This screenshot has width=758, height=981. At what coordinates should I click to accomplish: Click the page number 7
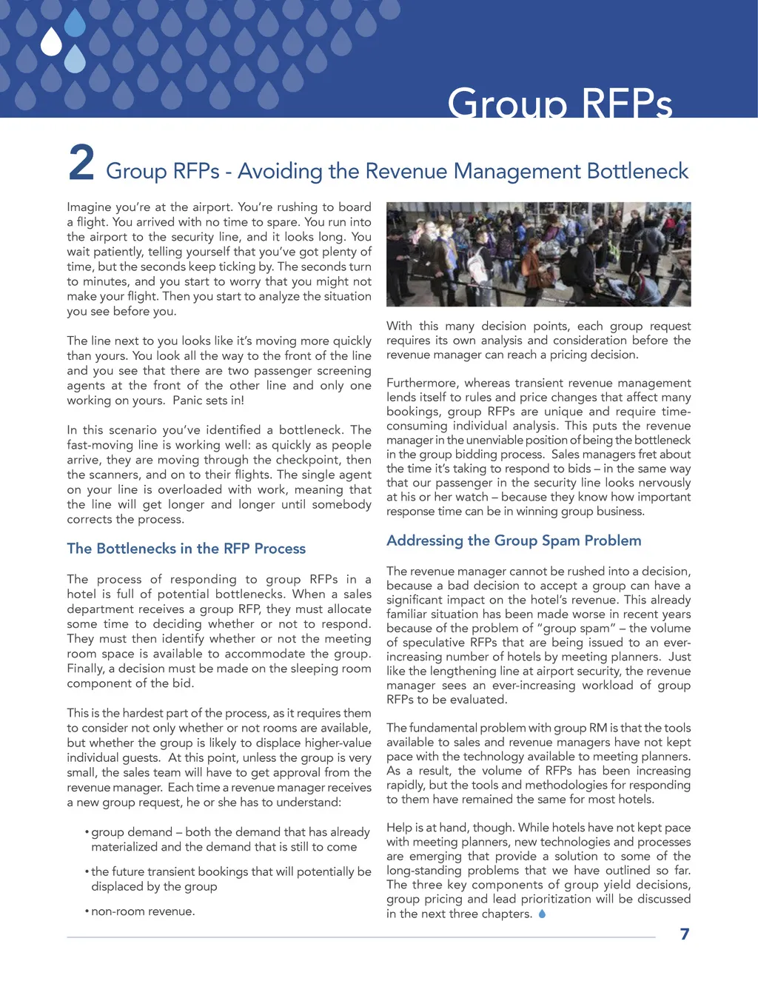[685, 934]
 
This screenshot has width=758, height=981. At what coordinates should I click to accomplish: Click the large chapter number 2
[81, 163]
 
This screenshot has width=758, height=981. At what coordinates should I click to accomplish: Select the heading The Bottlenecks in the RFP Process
[186, 549]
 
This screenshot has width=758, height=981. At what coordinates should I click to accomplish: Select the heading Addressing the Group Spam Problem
[514, 540]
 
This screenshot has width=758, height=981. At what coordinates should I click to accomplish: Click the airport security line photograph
[538, 254]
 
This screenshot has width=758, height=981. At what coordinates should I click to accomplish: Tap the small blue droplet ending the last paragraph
[543, 914]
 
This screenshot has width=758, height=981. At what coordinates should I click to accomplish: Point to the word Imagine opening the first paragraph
[89, 207]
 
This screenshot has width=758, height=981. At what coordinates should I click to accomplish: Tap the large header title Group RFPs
[560, 103]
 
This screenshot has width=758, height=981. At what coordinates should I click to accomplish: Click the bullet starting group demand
[229, 840]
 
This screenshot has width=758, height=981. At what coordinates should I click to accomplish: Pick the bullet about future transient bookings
[229, 879]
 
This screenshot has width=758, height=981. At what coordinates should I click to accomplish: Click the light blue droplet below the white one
[75, 59]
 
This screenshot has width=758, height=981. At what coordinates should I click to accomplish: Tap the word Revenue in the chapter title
[406, 171]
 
